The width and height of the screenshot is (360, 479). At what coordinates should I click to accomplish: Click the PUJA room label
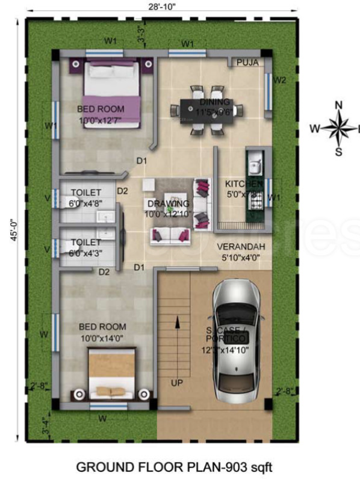point(247,62)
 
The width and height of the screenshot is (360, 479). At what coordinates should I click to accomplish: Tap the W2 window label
point(279,79)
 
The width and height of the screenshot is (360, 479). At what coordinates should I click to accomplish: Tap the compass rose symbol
point(338,128)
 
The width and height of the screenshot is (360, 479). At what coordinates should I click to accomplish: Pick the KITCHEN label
point(243,184)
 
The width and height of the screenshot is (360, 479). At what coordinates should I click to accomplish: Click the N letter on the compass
point(338,106)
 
